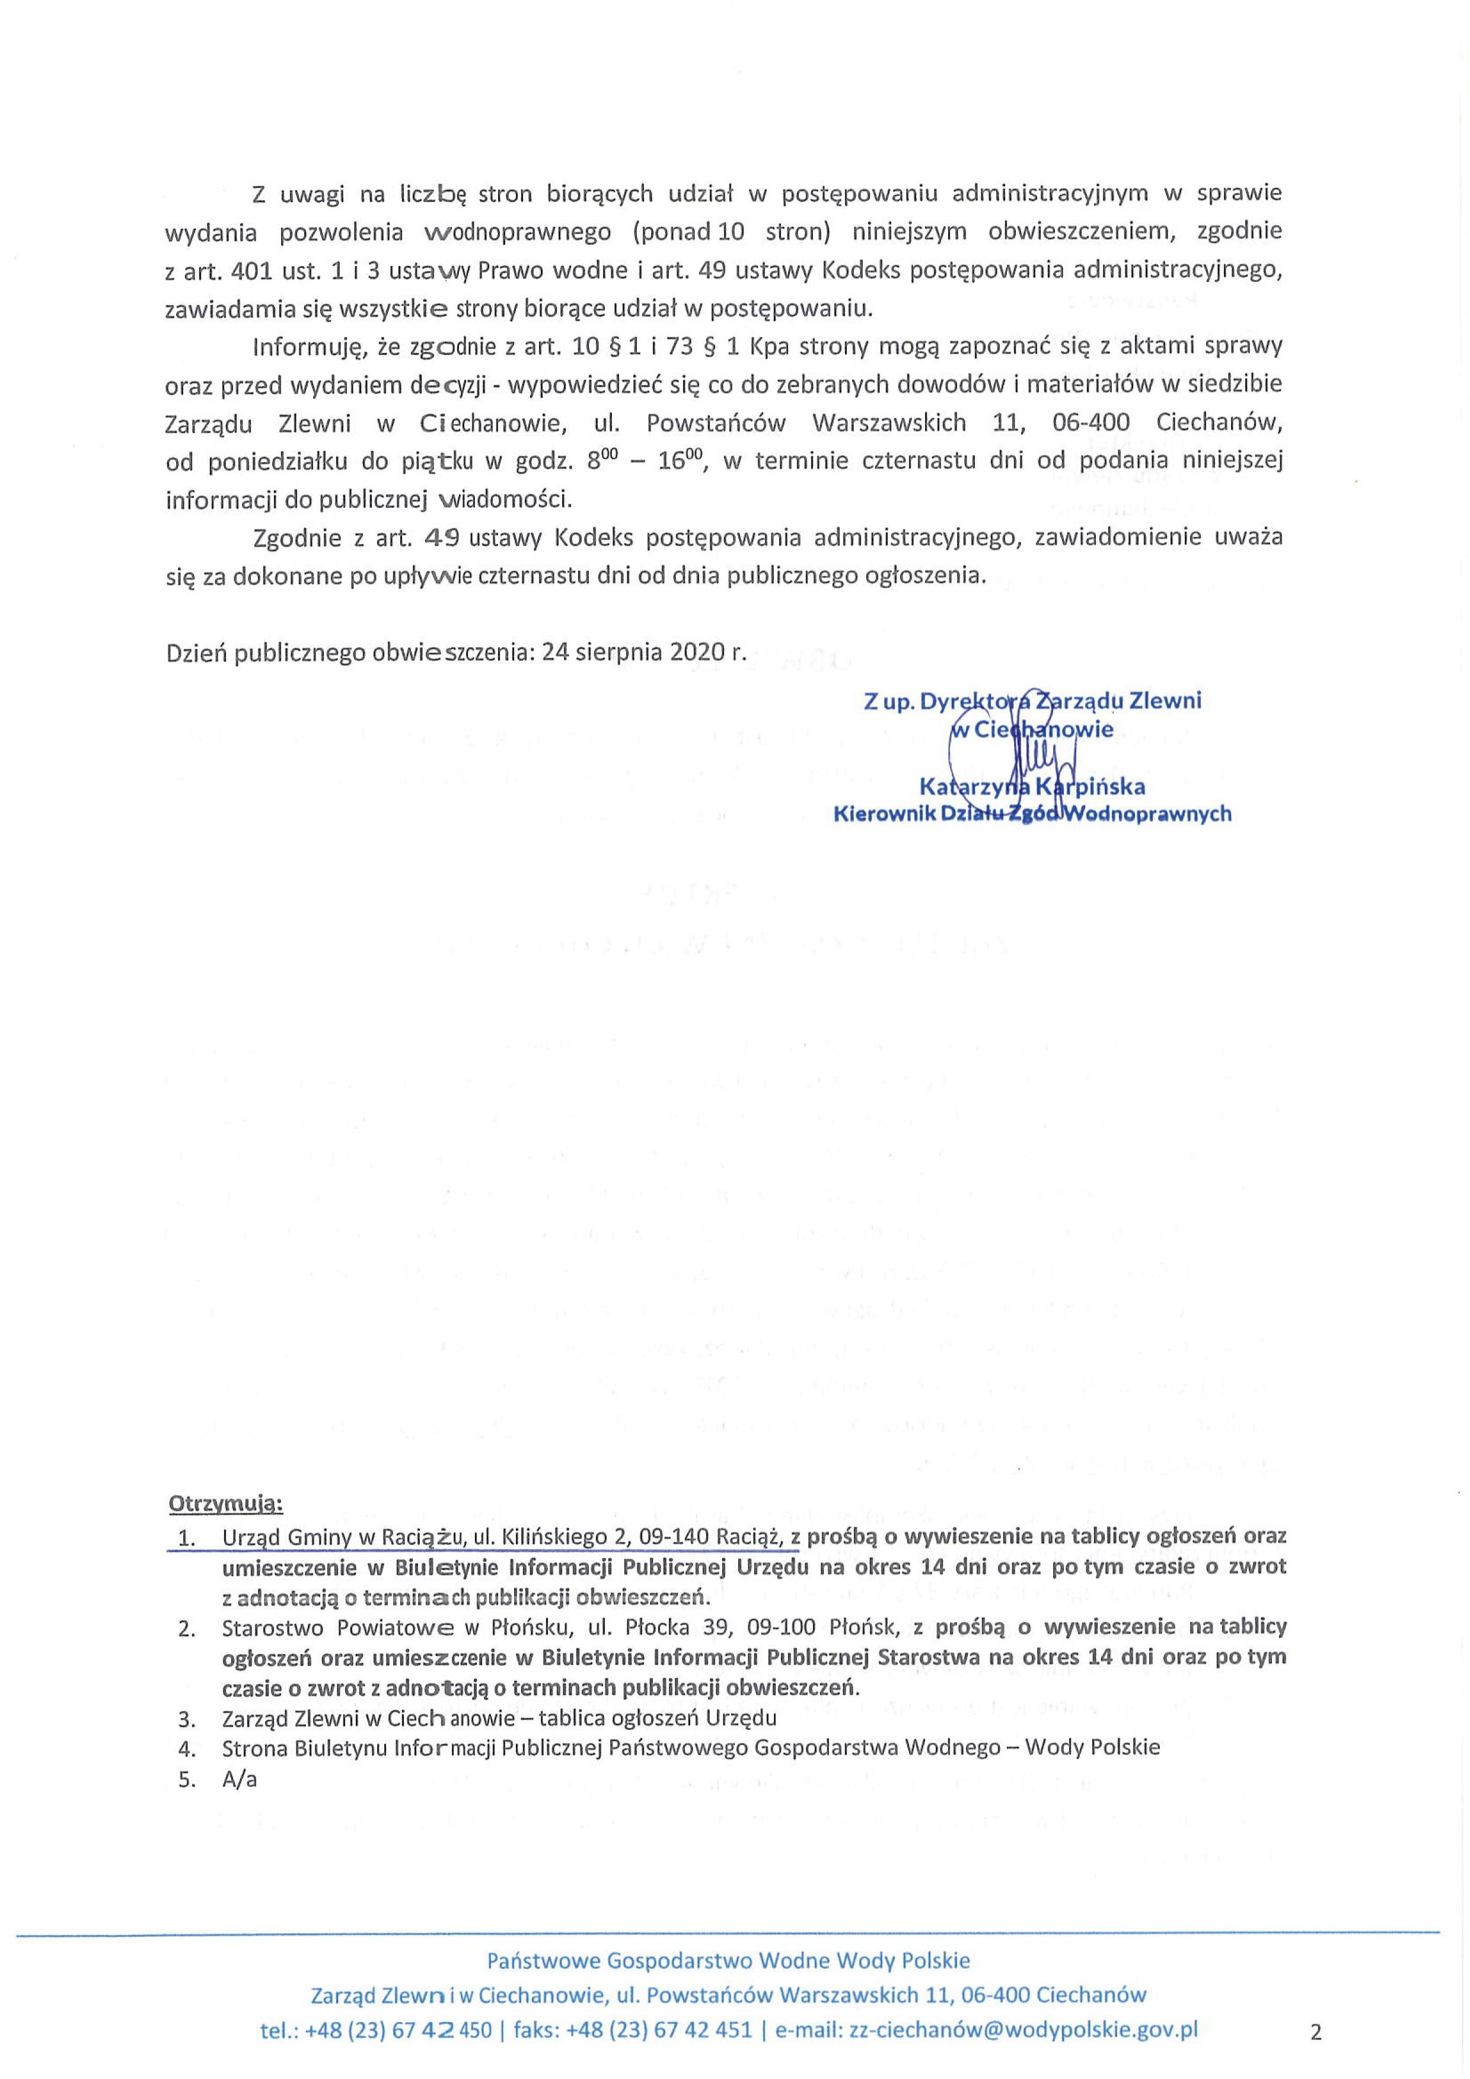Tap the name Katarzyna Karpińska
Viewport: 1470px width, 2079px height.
pyautogui.click(x=1032, y=785)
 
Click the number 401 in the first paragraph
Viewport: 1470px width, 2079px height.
pyautogui.click(x=245, y=270)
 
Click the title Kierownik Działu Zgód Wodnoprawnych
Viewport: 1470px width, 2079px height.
pyautogui.click(x=1032, y=813)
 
